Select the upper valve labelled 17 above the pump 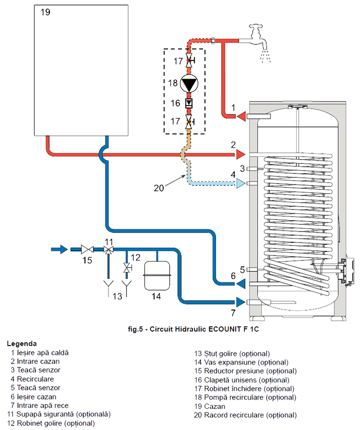click(189, 62)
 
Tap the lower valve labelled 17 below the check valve click(189, 120)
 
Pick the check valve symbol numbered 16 click(189, 103)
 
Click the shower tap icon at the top click(258, 34)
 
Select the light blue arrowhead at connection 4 click(241, 184)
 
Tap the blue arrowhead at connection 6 click(241, 283)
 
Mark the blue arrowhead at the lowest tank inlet click(241, 302)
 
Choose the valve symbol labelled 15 click(88, 249)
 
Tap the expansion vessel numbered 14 click(157, 276)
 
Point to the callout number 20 click(159, 188)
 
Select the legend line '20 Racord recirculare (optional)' click(245, 415)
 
